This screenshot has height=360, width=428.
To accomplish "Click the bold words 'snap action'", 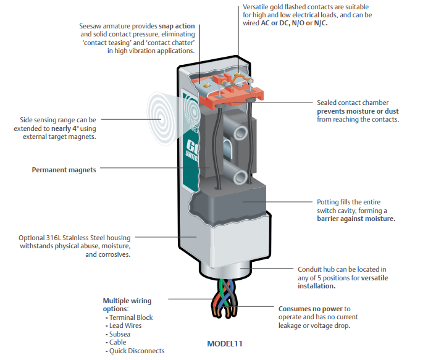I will pyautogui.click(x=177, y=27).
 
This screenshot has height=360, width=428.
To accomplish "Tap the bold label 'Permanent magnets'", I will pyautogui.click(x=64, y=169).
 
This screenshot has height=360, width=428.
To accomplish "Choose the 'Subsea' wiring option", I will pyautogui.click(x=121, y=334).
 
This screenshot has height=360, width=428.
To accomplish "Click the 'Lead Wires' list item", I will pyautogui.click(x=127, y=326).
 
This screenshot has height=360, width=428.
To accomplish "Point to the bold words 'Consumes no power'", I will pyautogui.click(x=310, y=309).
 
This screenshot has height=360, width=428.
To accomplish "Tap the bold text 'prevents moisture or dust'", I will pyautogui.click(x=358, y=111).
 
